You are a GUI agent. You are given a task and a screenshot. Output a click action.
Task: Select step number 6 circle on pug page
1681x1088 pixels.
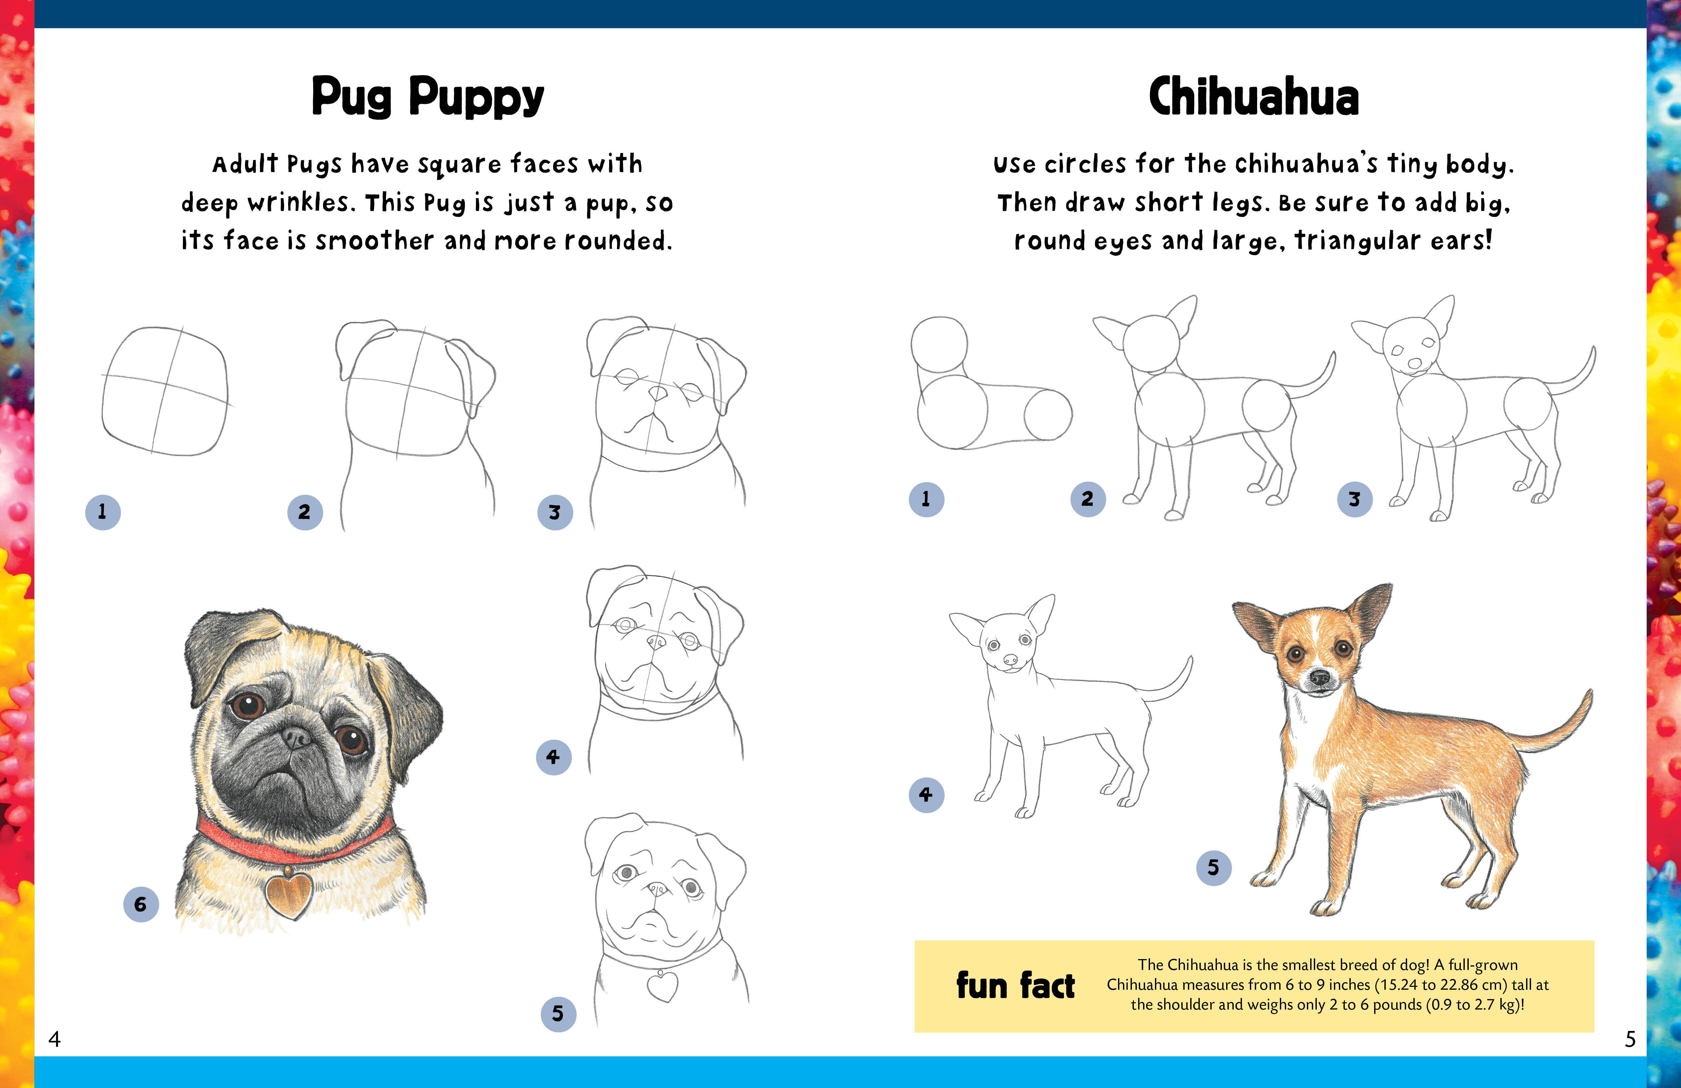pyautogui.click(x=140, y=904)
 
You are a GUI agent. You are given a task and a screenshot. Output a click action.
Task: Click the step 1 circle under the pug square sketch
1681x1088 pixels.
pyautogui.click(x=103, y=511)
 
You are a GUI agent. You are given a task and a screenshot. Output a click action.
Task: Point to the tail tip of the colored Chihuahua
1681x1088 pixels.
pyautogui.click(x=1589, y=696)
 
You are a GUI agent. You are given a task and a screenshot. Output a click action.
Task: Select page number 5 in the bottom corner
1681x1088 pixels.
pyautogui.click(x=1630, y=1039)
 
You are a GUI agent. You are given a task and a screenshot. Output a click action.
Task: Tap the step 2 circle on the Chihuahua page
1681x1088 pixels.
pyautogui.click(x=1088, y=499)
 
